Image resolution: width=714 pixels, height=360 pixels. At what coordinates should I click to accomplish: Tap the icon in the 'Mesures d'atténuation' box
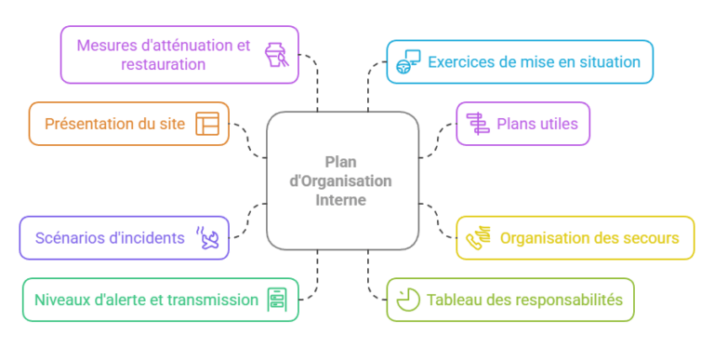pyautogui.click(x=275, y=55)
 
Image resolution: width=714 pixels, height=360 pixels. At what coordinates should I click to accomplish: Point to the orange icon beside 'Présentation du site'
pyautogui.click(x=206, y=124)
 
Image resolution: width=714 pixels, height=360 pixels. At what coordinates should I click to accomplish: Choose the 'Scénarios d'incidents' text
pyautogui.click(x=109, y=238)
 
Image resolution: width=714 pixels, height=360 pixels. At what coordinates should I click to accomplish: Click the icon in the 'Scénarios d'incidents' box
pyautogui.click(x=207, y=238)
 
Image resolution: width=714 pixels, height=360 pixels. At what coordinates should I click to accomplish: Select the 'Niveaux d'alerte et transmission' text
pyautogui.click(x=146, y=300)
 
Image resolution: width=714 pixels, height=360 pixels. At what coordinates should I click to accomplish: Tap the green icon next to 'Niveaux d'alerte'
pyautogui.click(x=276, y=300)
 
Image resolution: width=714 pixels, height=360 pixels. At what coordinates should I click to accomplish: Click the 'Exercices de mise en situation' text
pyautogui.click(x=534, y=62)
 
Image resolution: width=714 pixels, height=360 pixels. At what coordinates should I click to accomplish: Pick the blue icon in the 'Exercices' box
pyautogui.click(x=408, y=61)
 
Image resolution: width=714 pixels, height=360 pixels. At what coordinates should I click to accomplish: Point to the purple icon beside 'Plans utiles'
pyautogui.click(x=478, y=124)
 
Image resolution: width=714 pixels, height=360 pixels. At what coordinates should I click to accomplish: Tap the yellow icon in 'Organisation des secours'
pyautogui.click(x=478, y=238)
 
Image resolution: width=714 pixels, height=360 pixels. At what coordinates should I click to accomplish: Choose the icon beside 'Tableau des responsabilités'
pyautogui.click(x=407, y=300)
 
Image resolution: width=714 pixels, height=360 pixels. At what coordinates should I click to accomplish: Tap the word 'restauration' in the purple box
pyautogui.click(x=163, y=65)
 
